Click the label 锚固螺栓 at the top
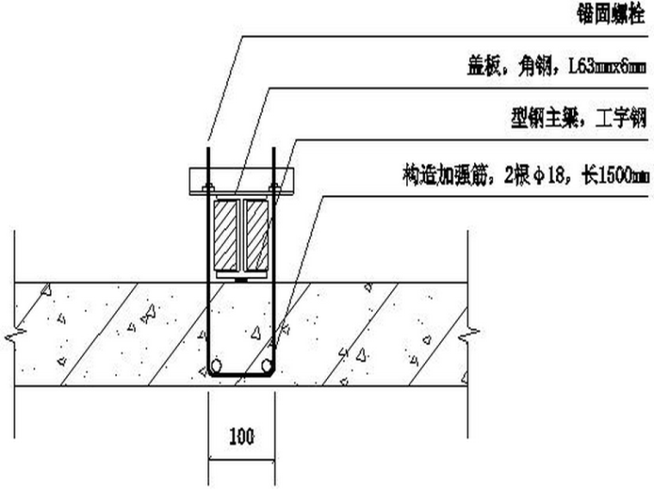tap(611, 16)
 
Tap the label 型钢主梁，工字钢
tap(577, 120)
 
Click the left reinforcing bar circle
tap(219, 365)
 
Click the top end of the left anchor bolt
tap(207, 148)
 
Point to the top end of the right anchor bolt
tap(274, 148)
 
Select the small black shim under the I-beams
tap(242, 278)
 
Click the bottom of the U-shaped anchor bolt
tap(242, 376)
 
